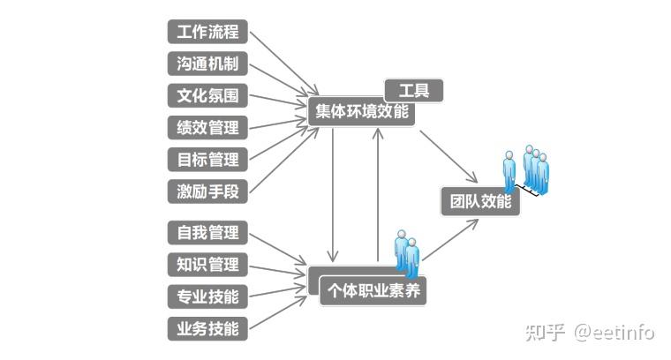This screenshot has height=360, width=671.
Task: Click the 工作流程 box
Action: point(207,32)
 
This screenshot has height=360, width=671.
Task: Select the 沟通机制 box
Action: point(207,64)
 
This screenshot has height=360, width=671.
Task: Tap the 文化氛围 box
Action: point(207,95)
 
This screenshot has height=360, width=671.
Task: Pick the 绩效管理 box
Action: point(207,127)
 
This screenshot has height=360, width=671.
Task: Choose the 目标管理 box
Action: point(207,160)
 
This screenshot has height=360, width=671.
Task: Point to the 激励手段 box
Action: point(207,191)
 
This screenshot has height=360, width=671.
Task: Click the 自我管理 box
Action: point(207,233)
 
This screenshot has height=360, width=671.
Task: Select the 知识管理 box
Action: point(207,264)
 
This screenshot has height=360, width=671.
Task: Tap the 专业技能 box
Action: point(207,296)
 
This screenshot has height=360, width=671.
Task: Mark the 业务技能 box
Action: point(207,328)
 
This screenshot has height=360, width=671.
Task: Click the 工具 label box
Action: point(413,90)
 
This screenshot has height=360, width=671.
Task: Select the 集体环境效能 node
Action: point(362,112)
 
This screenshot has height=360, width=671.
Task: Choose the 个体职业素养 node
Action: point(373,290)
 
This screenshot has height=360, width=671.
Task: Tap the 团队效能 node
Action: point(480,201)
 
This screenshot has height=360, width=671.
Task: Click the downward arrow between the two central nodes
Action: point(333,194)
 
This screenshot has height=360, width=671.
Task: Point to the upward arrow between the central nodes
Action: point(378,194)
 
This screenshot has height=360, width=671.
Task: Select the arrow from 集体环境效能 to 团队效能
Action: point(449,157)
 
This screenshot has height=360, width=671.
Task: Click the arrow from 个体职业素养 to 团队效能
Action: point(450,240)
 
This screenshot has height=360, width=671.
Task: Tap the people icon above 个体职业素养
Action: point(406,251)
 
